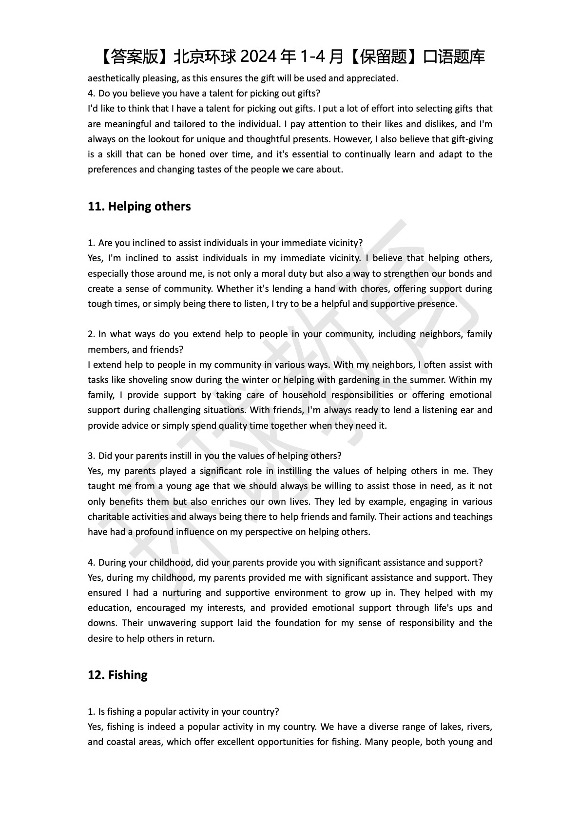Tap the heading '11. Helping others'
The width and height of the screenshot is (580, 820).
point(139,207)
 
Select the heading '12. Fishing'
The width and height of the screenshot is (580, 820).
point(117,675)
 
